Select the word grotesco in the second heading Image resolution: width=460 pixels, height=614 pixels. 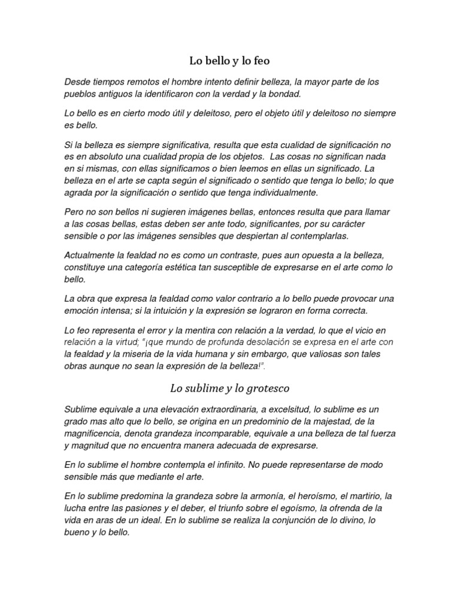point(265,388)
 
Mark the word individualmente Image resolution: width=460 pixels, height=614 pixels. point(283,192)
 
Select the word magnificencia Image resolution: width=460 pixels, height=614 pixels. point(98,434)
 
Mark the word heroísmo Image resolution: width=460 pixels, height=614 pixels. point(313,496)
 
